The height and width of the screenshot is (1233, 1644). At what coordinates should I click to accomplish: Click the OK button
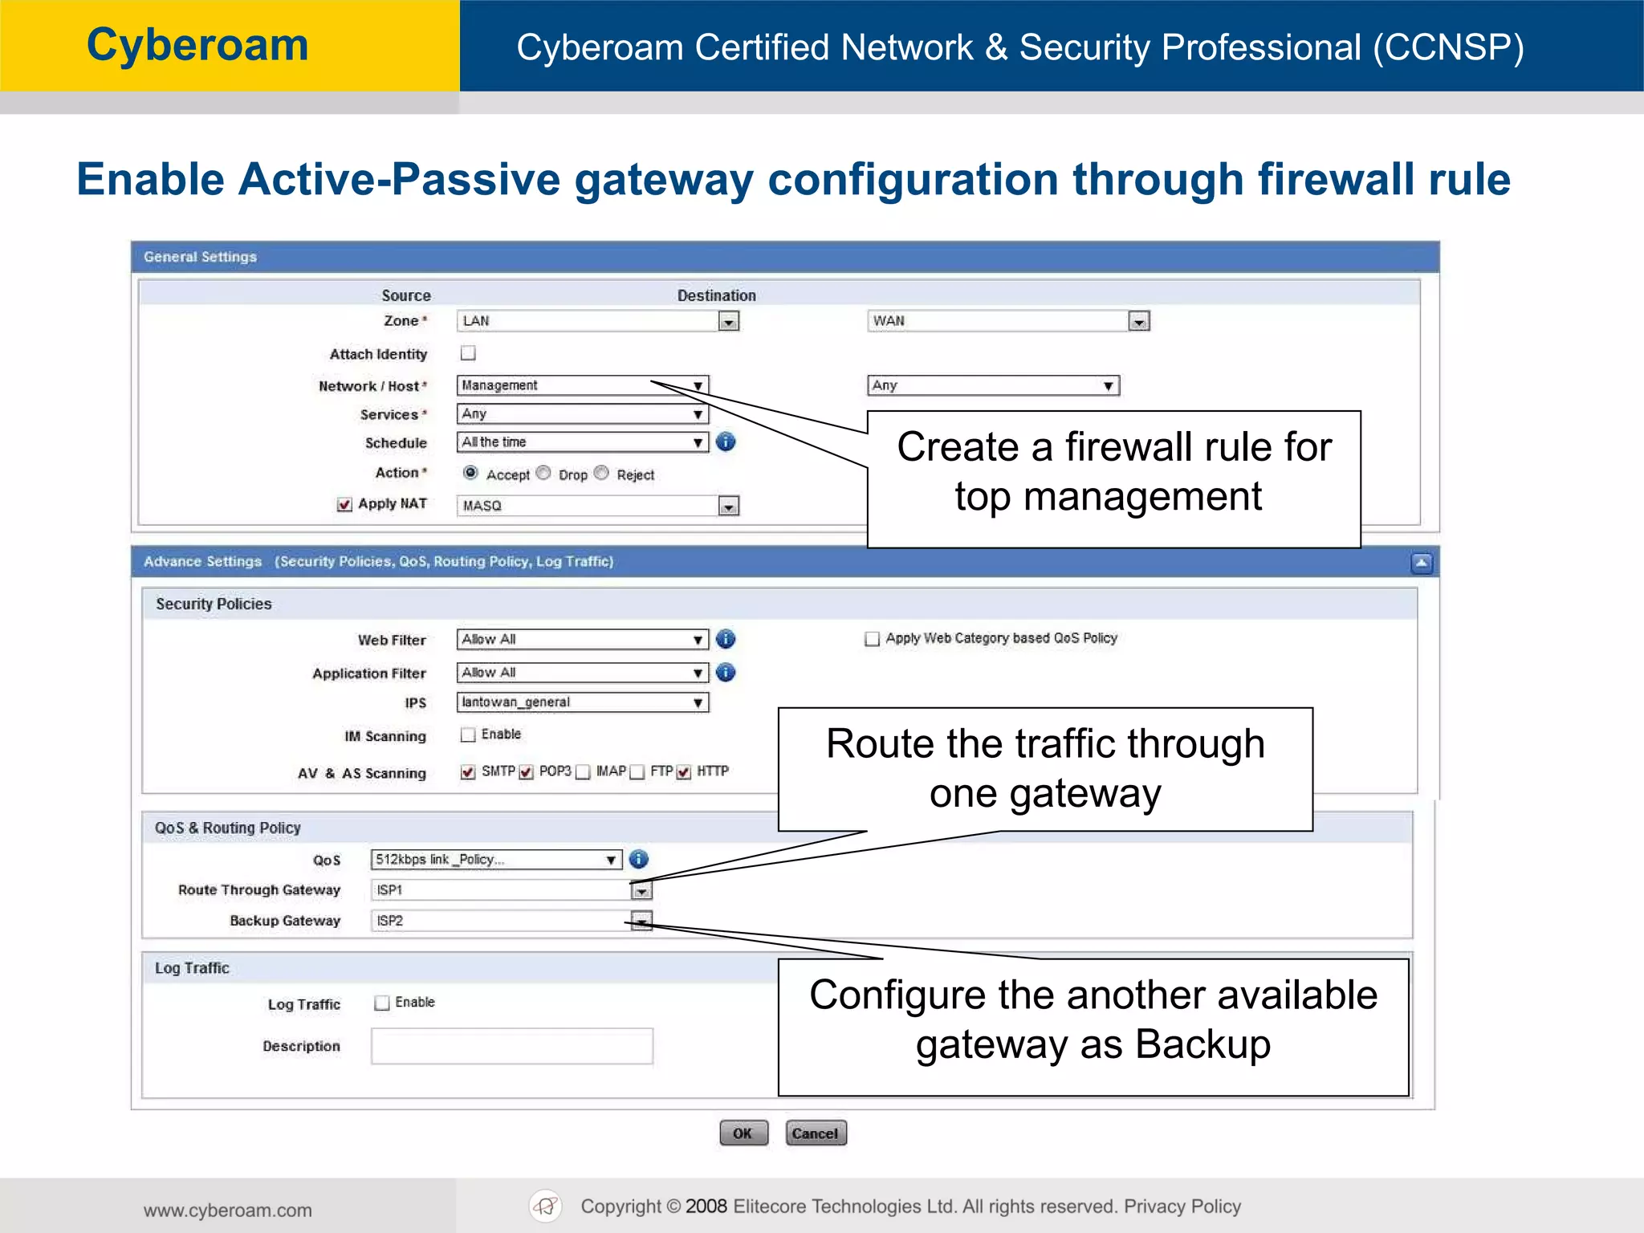pyautogui.click(x=743, y=1133)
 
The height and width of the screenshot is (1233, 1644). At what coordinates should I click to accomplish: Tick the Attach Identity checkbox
pyautogui.click(x=468, y=353)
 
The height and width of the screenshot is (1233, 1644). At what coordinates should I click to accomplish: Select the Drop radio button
pyautogui.click(x=544, y=473)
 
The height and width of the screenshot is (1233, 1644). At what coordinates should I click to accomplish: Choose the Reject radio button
pyautogui.click(x=602, y=473)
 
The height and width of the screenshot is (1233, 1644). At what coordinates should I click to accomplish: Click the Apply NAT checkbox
pyautogui.click(x=344, y=504)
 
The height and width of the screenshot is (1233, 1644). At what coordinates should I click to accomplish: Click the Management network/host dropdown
pyautogui.click(x=583, y=385)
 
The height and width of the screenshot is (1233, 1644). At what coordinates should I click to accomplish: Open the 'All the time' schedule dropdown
pyautogui.click(x=583, y=442)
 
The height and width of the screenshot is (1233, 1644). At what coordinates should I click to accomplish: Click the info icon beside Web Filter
pyautogui.click(x=726, y=639)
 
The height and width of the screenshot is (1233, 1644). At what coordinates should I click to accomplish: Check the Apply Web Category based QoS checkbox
pyautogui.click(x=872, y=639)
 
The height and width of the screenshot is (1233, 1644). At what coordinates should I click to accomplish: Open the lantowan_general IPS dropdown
pyautogui.click(x=583, y=702)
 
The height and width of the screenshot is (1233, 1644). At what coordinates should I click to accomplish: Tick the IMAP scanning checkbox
pyautogui.click(x=584, y=772)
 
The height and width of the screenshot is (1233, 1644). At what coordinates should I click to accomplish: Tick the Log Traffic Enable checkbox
pyautogui.click(x=382, y=1003)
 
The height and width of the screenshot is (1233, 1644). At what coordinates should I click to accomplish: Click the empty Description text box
pyautogui.click(x=511, y=1046)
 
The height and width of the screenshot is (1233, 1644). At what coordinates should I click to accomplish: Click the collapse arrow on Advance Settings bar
pyautogui.click(x=1421, y=563)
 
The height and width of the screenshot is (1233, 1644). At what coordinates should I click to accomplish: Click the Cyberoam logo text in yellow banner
pyautogui.click(x=197, y=45)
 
